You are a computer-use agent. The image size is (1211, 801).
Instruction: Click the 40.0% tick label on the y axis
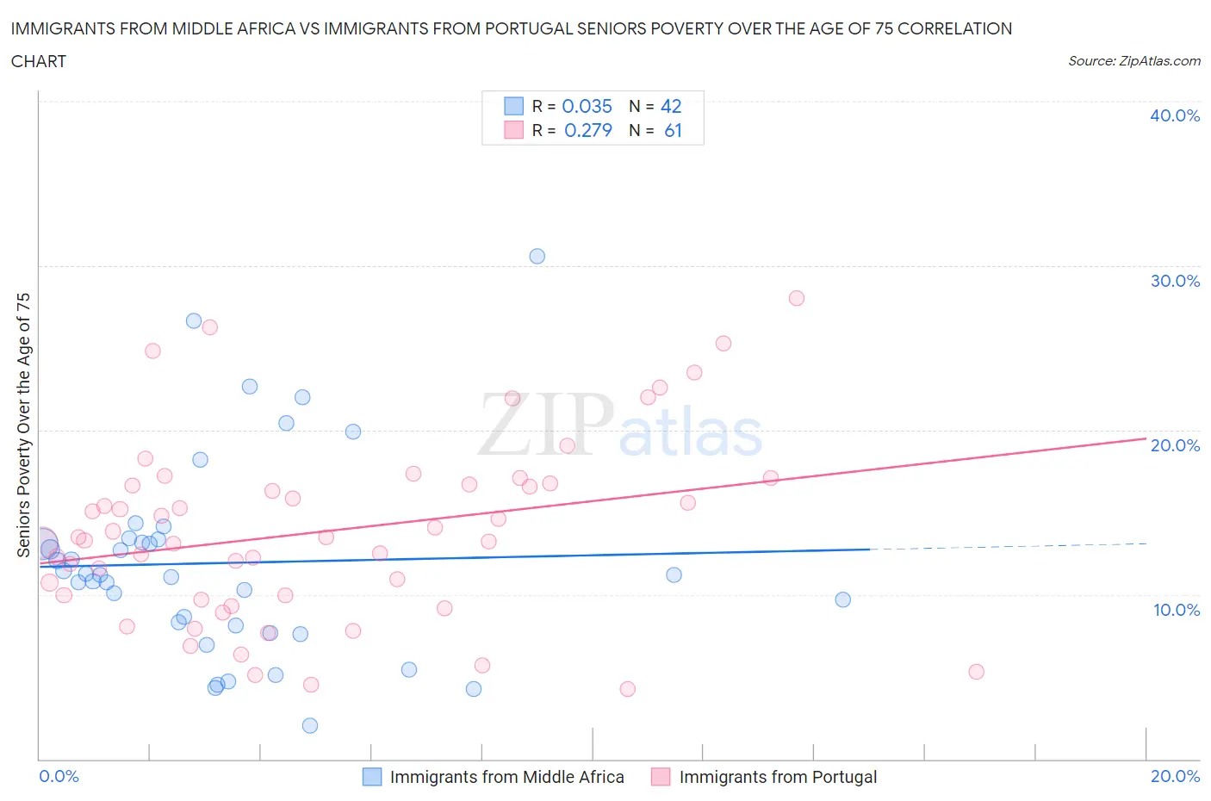point(1175,115)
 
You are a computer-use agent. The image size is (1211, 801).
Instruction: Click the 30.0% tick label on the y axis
point(1175,281)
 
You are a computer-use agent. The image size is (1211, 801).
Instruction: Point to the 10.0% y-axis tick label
point(1176,610)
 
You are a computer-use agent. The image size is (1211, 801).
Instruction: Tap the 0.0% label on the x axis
point(59,776)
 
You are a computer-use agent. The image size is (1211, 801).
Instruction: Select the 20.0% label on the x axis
point(1175,776)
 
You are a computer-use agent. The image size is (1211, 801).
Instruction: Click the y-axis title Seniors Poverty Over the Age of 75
point(23,425)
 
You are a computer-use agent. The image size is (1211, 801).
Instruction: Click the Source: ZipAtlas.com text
point(1133,61)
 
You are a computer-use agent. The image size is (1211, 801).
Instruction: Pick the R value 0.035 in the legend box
point(587,106)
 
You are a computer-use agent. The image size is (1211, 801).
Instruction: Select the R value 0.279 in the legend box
point(588,130)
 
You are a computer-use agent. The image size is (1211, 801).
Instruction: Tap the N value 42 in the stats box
point(671,106)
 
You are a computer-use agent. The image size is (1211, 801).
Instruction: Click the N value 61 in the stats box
point(673,130)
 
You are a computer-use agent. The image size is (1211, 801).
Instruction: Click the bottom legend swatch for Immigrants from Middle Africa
point(371,777)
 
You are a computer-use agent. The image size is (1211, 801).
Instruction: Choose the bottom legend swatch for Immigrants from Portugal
point(661,777)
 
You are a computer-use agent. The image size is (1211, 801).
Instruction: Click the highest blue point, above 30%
point(537,256)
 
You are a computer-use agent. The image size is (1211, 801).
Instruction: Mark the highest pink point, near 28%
point(797,298)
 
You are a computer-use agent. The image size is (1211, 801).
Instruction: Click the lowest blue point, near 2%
point(310,725)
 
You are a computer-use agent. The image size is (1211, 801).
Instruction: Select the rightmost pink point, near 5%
point(976,672)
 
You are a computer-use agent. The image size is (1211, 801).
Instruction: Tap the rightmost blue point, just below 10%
point(843,599)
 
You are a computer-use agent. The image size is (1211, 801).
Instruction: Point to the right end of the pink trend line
point(1146,438)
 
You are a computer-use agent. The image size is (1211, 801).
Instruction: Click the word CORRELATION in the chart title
point(955,28)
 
